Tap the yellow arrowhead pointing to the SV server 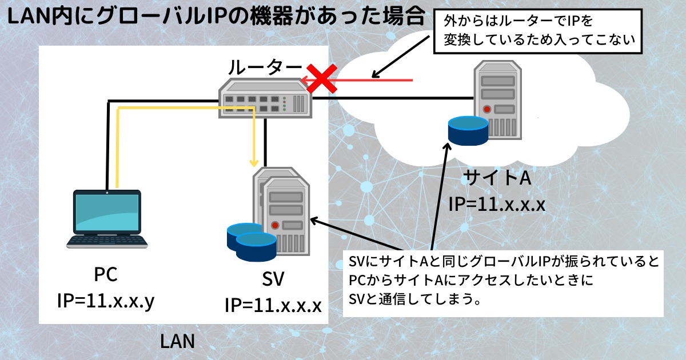pyautogui.click(x=254, y=161)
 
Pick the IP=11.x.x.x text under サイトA pyautogui.click(x=497, y=204)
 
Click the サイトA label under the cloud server pyautogui.click(x=497, y=178)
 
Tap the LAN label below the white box pyautogui.click(x=177, y=342)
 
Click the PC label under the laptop pyautogui.click(x=106, y=275)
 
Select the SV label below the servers pyautogui.click(x=273, y=280)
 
